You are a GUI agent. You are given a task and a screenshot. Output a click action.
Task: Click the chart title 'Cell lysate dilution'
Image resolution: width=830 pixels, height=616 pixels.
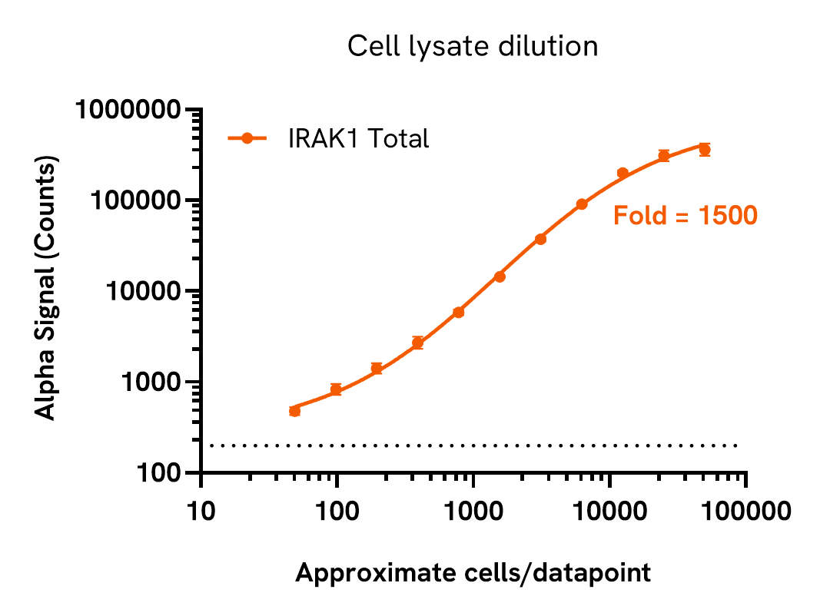472,47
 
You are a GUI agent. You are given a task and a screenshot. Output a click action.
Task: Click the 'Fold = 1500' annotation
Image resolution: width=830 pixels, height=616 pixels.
685,216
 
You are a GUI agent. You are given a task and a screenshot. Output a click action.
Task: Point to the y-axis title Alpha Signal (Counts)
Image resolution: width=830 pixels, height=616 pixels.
47,291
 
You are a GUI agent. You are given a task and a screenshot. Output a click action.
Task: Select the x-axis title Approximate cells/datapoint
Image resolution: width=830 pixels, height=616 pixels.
473,572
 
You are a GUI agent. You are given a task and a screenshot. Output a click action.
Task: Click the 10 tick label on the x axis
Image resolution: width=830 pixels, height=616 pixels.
201,511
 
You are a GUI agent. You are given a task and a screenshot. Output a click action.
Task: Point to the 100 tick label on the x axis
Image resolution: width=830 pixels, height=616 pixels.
337,511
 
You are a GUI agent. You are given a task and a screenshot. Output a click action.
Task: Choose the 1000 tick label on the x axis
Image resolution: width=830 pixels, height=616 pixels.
473,511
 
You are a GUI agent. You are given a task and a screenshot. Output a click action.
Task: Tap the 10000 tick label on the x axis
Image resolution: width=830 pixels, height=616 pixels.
609,511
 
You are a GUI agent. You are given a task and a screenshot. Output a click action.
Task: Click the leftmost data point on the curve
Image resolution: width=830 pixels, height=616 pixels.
294,411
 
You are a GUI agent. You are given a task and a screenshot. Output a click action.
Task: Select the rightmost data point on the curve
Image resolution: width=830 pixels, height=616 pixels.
704,149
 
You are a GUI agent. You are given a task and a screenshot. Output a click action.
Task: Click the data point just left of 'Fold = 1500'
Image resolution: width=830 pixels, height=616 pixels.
582,204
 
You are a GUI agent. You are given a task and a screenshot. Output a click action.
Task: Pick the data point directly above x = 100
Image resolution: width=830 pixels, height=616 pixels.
336,389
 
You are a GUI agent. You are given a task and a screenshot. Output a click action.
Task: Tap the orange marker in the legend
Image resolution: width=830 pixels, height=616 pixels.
247,138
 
